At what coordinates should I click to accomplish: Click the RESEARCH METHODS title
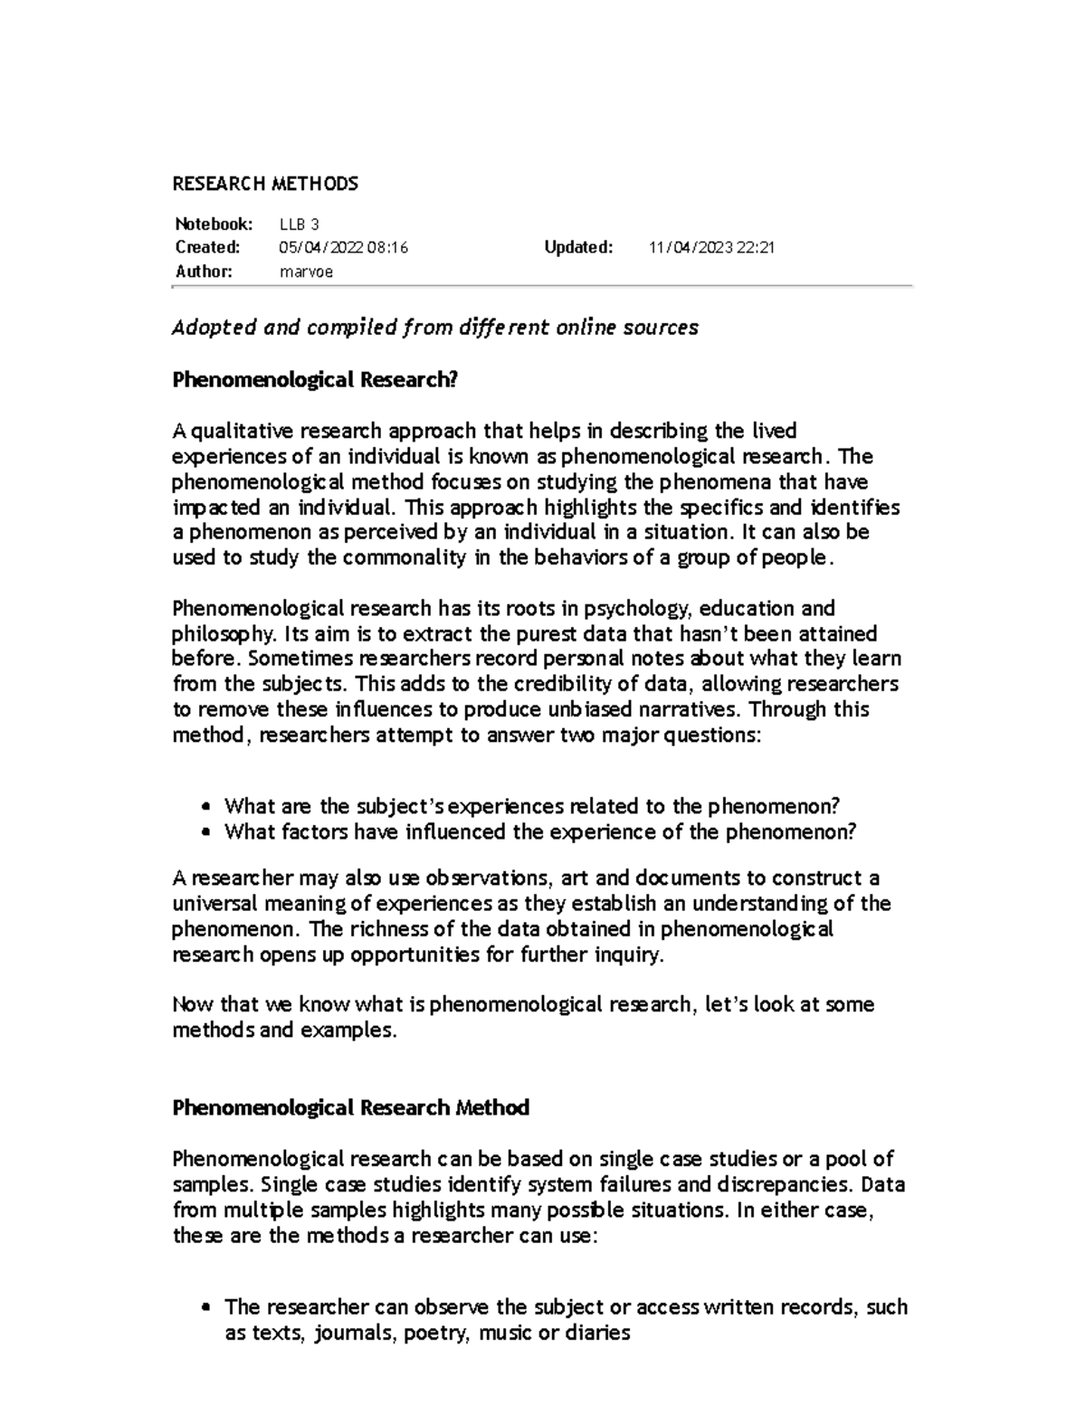(265, 184)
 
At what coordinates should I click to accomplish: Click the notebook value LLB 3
(300, 224)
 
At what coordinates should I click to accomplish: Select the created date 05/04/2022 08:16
(344, 248)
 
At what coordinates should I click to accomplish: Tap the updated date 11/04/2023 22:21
(711, 248)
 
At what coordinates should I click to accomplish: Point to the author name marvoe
(307, 271)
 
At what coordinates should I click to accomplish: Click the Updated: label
(578, 248)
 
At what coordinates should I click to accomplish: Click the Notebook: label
(214, 224)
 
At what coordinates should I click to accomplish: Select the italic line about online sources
(434, 328)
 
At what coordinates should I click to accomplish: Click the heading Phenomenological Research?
(315, 380)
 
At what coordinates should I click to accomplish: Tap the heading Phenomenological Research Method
(350, 1107)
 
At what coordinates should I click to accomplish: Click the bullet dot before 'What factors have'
(207, 832)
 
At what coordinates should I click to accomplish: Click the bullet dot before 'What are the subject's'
(207, 807)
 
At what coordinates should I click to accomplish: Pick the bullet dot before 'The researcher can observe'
(207, 1307)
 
